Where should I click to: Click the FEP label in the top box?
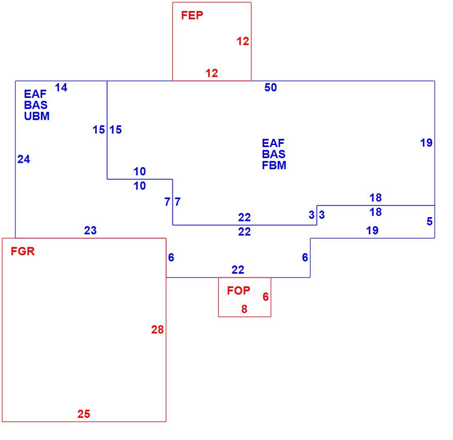click(x=192, y=15)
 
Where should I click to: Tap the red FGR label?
click(x=23, y=252)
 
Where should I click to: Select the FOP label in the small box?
click(x=238, y=290)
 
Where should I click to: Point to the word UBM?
click(x=37, y=116)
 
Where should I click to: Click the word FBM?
click(x=274, y=165)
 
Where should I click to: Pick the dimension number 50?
click(x=270, y=88)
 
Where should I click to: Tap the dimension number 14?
click(x=61, y=88)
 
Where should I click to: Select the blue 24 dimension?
click(x=24, y=159)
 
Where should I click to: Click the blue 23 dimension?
click(x=90, y=231)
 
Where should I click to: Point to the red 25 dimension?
click(x=84, y=414)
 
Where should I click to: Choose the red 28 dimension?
click(x=157, y=330)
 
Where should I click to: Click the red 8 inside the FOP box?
click(x=245, y=309)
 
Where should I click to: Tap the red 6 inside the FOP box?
click(x=266, y=297)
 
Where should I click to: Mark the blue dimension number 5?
click(x=430, y=221)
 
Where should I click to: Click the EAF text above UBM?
click(x=35, y=94)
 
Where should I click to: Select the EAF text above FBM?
click(x=273, y=143)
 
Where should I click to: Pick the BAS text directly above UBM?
click(x=36, y=105)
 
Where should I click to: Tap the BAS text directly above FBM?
click(x=274, y=154)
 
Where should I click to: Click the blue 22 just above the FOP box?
click(x=238, y=270)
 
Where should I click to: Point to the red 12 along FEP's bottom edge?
click(x=212, y=73)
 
